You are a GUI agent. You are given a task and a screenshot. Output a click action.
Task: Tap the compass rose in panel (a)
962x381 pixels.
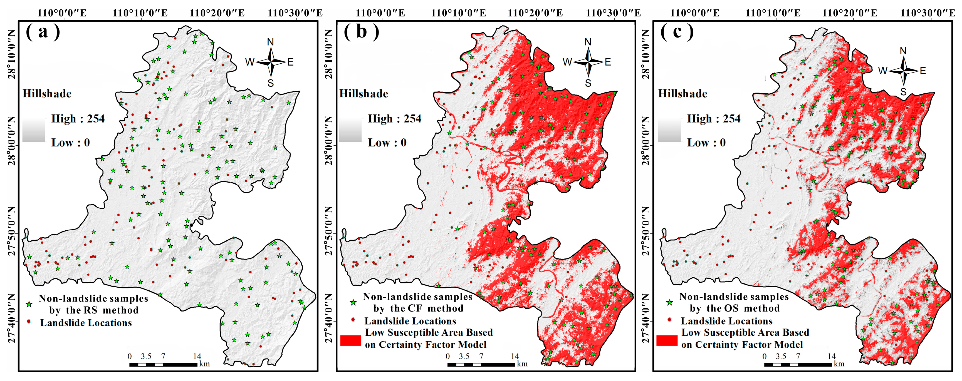[270, 62]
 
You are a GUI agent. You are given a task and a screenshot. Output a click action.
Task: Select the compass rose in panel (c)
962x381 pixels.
[903, 71]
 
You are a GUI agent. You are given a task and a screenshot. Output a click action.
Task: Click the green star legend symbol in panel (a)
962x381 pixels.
[29, 304]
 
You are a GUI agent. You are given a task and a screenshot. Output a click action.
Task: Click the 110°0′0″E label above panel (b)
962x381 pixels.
[380, 13]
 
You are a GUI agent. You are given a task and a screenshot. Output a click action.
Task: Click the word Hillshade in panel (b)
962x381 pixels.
[363, 94]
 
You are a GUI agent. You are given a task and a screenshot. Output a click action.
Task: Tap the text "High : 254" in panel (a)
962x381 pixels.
[78, 119]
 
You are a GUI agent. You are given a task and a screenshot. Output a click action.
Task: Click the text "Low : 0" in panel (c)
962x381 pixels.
[706, 143]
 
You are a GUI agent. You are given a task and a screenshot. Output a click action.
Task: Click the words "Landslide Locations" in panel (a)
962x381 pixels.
[86, 323]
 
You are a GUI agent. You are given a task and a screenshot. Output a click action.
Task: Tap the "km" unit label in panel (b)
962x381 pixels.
[522, 364]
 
